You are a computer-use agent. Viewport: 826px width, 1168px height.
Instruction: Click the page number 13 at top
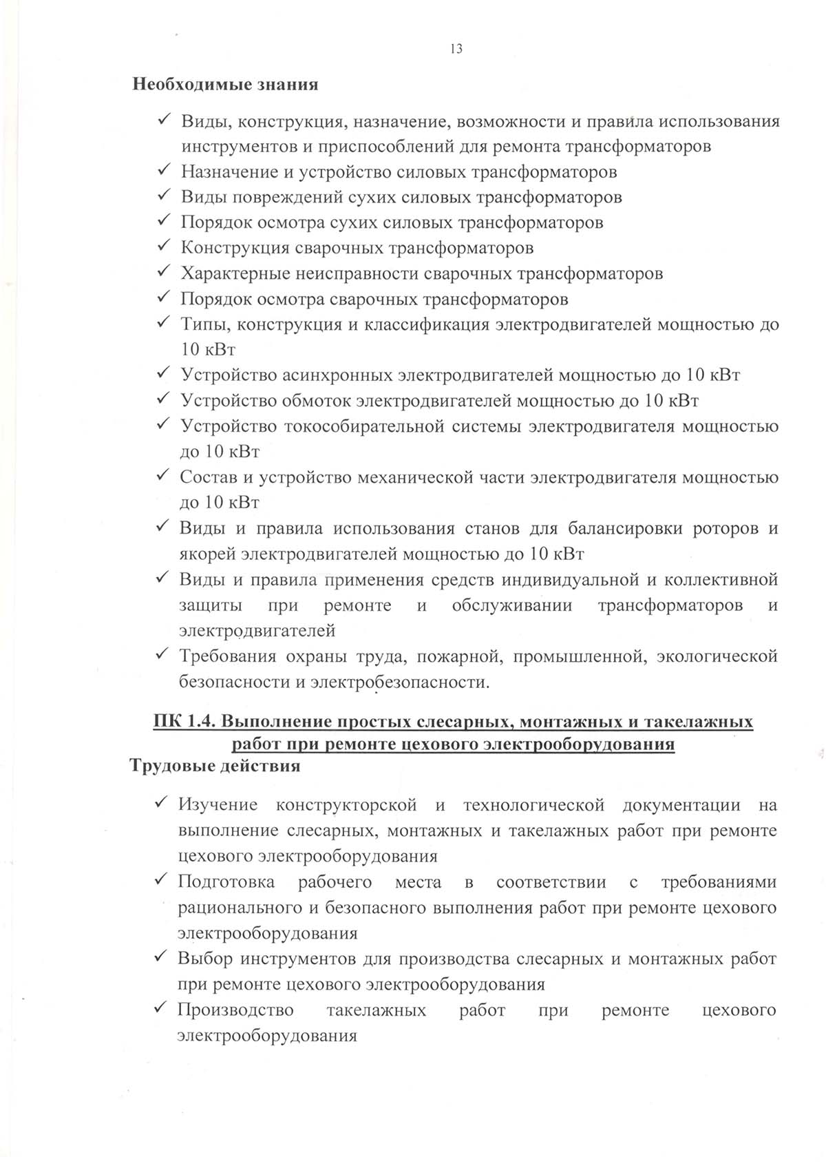[456, 48]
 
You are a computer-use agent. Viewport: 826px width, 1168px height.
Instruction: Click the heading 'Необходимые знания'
[225, 85]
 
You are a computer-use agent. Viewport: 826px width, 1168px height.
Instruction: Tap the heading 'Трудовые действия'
[215, 766]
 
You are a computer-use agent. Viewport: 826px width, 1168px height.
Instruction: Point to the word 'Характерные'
[235, 273]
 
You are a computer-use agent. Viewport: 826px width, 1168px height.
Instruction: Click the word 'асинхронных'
[339, 375]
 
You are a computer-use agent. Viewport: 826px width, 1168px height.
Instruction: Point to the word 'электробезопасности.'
[400, 682]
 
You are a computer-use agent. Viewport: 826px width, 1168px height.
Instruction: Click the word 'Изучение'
[218, 804]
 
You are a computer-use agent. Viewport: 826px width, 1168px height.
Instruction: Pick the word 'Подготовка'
[226, 882]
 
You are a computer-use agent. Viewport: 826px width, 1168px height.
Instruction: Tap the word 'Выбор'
[204, 959]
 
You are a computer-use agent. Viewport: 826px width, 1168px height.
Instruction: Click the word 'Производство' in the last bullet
[235, 1010]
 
